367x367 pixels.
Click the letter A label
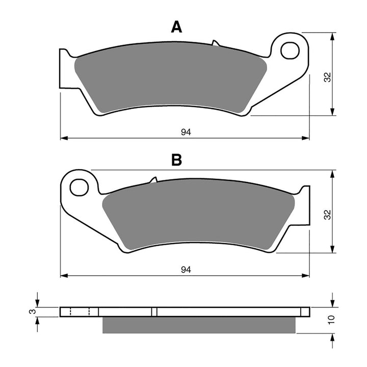click(x=176, y=27)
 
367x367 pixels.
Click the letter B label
click(x=176, y=161)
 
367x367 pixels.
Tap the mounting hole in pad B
click(x=79, y=187)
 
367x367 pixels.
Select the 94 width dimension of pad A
click(x=186, y=132)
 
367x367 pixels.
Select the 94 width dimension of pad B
click(x=186, y=270)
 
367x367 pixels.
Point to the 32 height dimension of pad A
click(x=328, y=76)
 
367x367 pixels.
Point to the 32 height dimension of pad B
click(x=328, y=214)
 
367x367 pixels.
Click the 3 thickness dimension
click(x=32, y=311)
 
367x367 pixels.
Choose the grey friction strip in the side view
click(x=199, y=325)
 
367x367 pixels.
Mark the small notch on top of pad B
click(x=152, y=180)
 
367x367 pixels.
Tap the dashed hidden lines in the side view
click(x=79, y=311)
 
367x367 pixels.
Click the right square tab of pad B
click(x=305, y=204)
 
